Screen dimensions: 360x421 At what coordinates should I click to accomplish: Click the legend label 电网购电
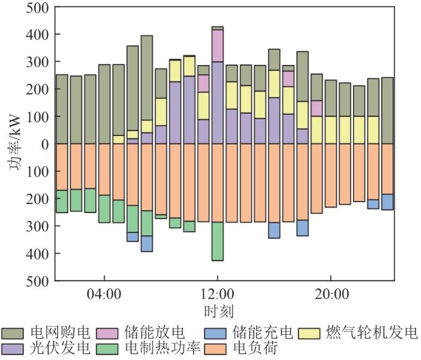click(x=60, y=333)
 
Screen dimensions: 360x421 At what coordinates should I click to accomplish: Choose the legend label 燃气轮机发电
click(x=370, y=333)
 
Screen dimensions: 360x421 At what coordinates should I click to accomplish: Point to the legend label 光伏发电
click(x=60, y=349)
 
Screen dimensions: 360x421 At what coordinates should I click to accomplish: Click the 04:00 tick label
click(x=105, y=296)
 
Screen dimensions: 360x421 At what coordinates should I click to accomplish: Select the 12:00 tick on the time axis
click(x=217, y=296)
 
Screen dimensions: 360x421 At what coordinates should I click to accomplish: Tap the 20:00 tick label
click(x=331, y=296)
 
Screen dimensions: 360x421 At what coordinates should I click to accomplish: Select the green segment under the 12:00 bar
click(x=217, y=241)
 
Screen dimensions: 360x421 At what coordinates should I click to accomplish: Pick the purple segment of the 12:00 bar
click(x=217, y=102)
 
